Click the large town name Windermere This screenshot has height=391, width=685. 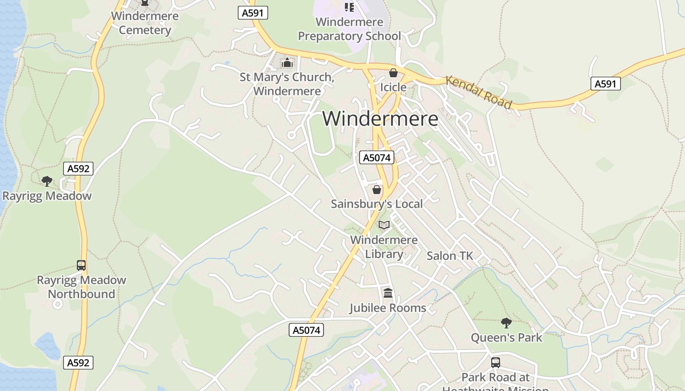pos(380,119)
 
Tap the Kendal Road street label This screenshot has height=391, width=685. pos(479,92)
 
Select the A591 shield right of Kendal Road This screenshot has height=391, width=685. pos(605,84)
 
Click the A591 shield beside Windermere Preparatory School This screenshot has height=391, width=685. pos(253,13)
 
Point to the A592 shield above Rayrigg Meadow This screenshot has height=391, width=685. pos(78,169)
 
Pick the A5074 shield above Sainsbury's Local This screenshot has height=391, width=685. pos(376,157)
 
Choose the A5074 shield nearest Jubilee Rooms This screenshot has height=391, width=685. pos(306,330)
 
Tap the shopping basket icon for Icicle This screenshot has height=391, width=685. pos(393,73)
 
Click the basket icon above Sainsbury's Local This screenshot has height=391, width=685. pos(377,189)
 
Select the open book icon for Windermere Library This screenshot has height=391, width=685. pos(384,225)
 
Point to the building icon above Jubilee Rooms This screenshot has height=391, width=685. pos(388,293)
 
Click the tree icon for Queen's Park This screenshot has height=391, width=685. pos(506,323)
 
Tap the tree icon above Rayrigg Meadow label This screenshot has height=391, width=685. pos(47,181)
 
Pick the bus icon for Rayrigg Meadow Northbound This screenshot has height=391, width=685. pos(81,265)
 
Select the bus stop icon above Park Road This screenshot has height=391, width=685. pos(496,363)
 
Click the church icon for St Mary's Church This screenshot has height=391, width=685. pos(287,63)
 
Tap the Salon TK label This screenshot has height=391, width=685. pos(450,256)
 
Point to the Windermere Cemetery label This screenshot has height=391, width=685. pos(145,23)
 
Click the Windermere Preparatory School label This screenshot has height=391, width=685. pos(349,29)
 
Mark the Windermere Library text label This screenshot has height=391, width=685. pos(384,247)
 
